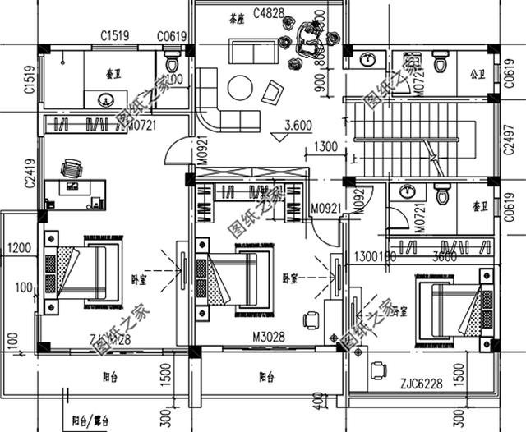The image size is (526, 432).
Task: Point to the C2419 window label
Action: pos(30,174)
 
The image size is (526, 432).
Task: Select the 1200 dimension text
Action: pos(20,247)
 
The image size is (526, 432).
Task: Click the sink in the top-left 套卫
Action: pos(106,99)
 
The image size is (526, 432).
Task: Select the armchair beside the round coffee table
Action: pos(272,90)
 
